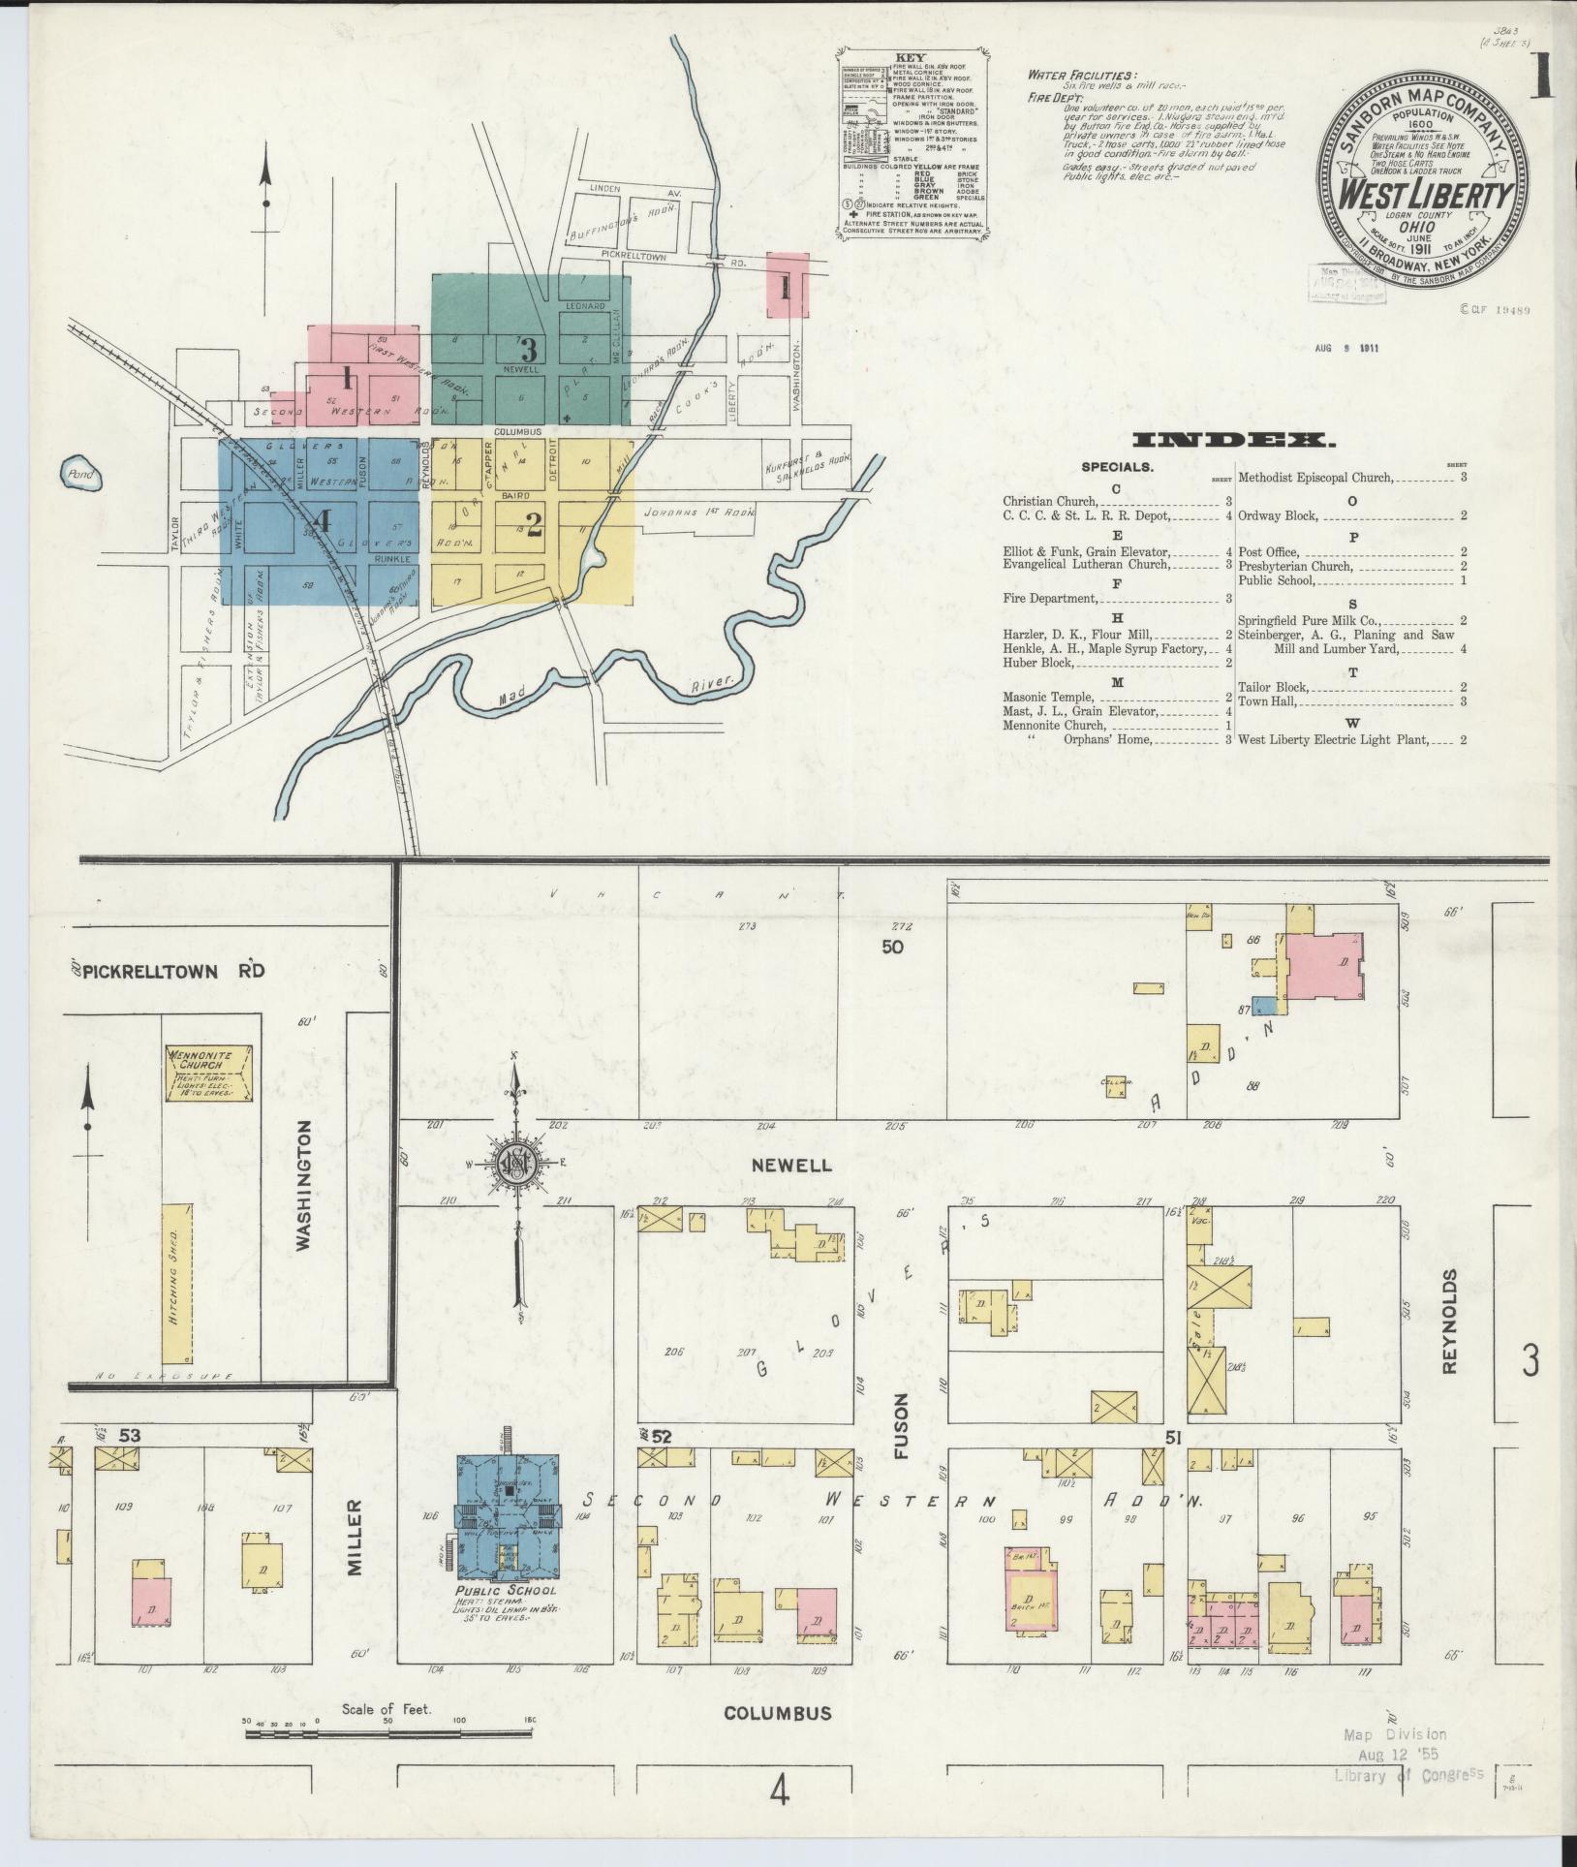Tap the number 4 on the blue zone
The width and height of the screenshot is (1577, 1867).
point(323,521)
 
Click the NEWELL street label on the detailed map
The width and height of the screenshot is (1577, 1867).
point(793,1166)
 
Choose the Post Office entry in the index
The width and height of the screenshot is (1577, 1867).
point(1266,551)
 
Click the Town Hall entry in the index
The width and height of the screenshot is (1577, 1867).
point(1266,700)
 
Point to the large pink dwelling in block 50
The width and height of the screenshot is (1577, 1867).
point(1323,966)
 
